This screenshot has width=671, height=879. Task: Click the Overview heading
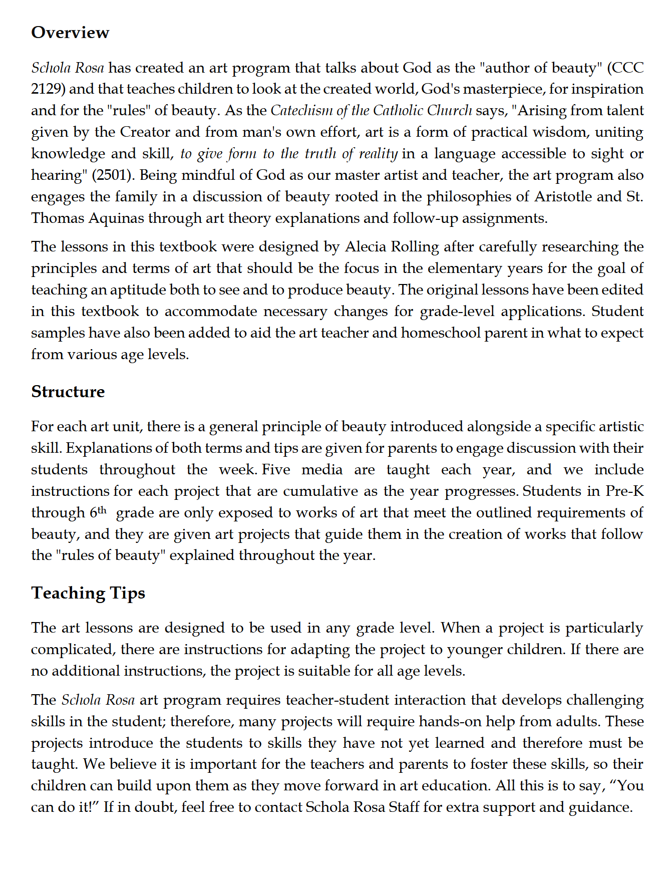[70, 33]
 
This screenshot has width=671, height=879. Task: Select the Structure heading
[68, 392]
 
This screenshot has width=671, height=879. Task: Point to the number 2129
[48, 89]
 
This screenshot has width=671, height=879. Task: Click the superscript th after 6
[102, 510]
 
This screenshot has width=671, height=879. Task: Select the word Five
[276, 470]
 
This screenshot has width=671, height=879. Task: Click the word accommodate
[211, 312]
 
